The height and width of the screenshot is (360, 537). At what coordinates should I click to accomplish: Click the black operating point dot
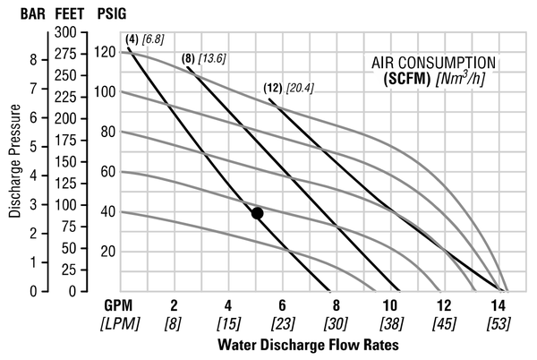coord(258,213)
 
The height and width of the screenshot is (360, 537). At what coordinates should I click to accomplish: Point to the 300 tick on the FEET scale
coord(65,31)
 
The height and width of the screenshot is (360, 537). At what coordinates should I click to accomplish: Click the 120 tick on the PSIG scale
coord(105,53)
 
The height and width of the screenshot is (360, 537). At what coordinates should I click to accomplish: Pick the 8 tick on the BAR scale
coord(32,60)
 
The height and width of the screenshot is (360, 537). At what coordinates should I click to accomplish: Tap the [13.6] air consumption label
coord(212,58)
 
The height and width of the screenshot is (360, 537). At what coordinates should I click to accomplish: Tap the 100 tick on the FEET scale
coord(65,204)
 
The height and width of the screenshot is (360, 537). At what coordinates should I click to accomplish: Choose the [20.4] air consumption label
coord(302,88)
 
